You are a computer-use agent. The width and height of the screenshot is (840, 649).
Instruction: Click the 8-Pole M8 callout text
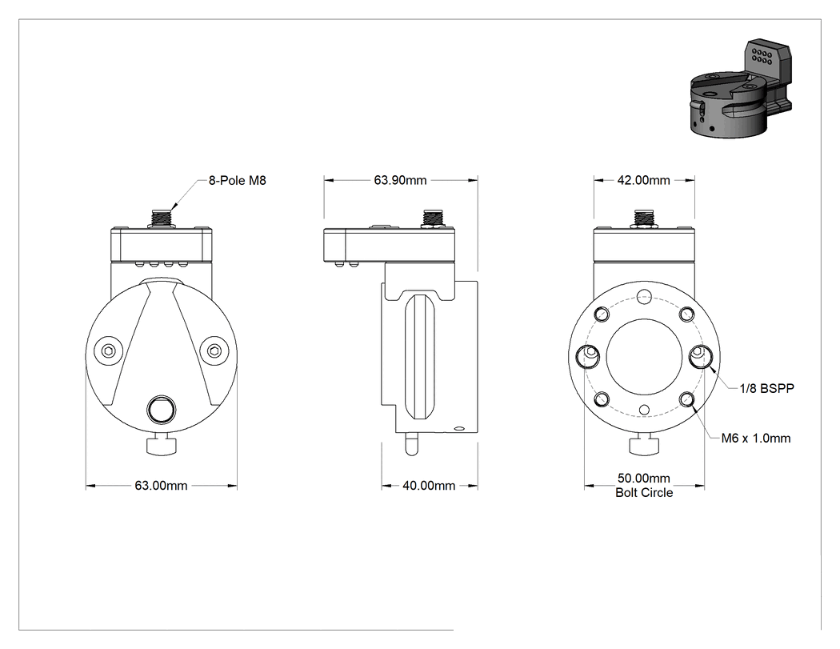[x=237, y=181]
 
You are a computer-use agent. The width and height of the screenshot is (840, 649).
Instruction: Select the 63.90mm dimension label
[x=400, y=180]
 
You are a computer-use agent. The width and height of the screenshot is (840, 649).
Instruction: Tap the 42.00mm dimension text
[x=643, y=180]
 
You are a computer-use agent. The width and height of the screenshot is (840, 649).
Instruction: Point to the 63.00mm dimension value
[x=161, y=486]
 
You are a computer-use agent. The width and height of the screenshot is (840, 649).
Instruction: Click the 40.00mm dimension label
[x=429, y=486]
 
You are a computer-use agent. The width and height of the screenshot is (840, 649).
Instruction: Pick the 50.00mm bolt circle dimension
[x=643, y=478]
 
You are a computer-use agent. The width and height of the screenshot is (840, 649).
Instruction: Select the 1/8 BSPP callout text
[x=766, y=389]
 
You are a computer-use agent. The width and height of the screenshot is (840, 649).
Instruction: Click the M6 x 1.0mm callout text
[x=756, y=439]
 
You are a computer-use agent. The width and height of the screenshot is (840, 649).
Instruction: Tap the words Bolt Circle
[x=644, y=492]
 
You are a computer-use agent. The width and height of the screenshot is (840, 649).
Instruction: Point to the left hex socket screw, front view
[x=108, y=351]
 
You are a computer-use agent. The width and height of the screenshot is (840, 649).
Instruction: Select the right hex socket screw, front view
[x=214, y=351]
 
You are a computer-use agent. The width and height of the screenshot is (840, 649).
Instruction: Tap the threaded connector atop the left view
[x=161, y=218]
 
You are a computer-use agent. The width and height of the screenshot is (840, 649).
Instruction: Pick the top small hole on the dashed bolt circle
[x=645, y=296]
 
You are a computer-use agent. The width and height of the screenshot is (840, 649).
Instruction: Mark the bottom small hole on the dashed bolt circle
[x=645, y=411]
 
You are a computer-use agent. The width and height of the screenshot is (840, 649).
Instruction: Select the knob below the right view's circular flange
[x=645, y=446]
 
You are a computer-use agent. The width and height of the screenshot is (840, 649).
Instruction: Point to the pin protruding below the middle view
[x=411, y=444]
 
